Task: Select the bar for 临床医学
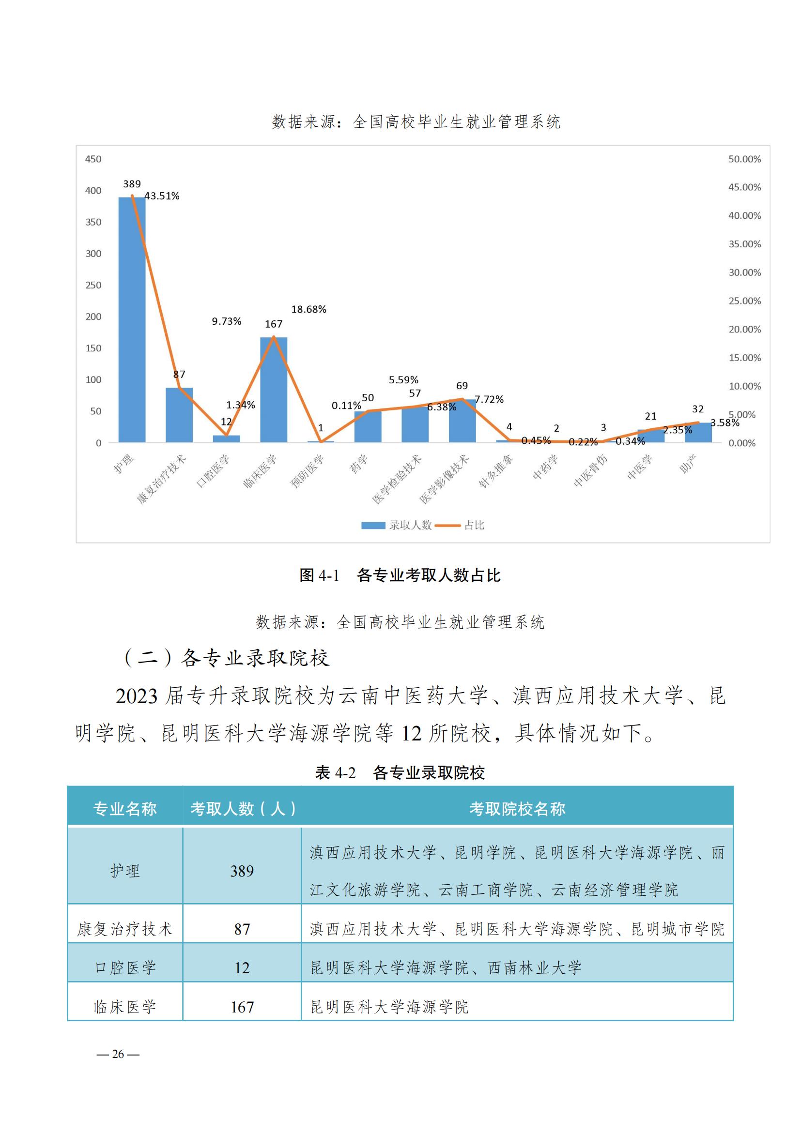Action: click(273, 390)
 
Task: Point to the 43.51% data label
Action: click(162, 196)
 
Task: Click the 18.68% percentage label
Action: click(309, 310)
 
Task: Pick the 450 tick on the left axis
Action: click(93, 159)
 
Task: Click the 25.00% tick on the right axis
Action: click(744, 301)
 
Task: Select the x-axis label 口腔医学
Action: click(214, 471)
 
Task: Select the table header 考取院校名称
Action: click(517, 809)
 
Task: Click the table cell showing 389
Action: click(242, 871)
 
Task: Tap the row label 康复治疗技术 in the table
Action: click(125, 929)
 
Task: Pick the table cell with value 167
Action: click(242, 1007)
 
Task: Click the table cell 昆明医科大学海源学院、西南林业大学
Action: click(446, 968)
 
